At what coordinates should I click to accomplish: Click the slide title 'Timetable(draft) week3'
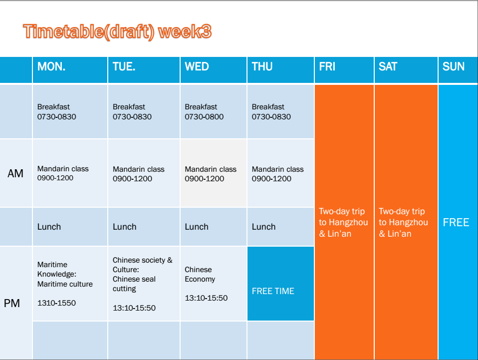coord(117,32)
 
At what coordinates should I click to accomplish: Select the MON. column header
coord(51,66)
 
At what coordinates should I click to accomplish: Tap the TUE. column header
coord(124,66)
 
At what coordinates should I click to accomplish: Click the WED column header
coord(197,66)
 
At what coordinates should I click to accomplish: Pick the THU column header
coord(262,66)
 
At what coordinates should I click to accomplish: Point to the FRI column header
coord(327,66)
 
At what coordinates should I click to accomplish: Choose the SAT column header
coord(388,66)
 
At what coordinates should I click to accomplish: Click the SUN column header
coord(454,66)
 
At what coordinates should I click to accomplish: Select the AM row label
coord(15,174)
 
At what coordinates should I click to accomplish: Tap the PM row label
coord(12,303)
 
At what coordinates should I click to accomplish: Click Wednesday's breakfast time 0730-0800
coord(204,117)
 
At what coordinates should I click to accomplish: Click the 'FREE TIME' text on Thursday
coord(273,291)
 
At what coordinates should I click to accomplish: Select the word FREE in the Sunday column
coord(456,222)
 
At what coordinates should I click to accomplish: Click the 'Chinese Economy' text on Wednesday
coord(200,274)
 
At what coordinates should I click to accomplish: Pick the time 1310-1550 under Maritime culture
coord(56,303)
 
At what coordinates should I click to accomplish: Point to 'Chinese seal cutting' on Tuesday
coord(134,284)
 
